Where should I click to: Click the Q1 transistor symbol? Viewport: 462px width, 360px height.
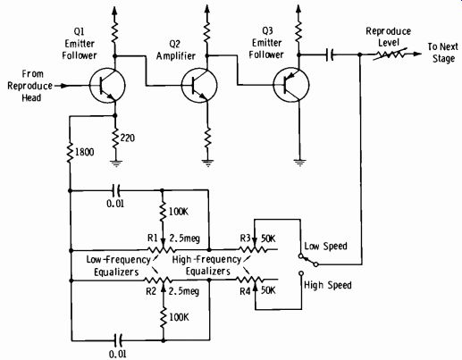tap(107, 86)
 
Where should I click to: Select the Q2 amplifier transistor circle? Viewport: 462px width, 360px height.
tap(199, 86)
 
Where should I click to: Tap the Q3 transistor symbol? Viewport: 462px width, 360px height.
tap(291, 85)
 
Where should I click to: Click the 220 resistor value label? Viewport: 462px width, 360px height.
tap(128, 138)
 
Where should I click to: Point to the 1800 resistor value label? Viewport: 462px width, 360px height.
tap(85, 152)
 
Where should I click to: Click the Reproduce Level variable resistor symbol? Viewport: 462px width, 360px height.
tap(390, 54)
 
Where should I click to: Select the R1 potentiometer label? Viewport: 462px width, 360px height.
tap(152, 238)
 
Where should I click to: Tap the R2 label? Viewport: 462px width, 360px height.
tap(151, 291)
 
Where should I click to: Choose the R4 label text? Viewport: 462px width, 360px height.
tap(245, 291)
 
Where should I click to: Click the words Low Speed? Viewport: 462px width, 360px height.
tap(325, 247)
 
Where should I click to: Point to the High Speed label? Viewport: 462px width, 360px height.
tap(328, 285)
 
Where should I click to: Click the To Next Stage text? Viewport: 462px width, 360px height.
tap(443, 53)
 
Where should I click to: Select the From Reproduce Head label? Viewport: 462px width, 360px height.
tap(29, 86)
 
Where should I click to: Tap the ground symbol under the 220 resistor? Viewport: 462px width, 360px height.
tap(116, 163)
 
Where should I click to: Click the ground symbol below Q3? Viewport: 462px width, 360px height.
tap(299, 163)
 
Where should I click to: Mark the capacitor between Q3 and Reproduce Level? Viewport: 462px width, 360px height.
tap(330, 54)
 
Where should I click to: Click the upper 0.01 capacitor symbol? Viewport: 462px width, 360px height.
tap(116, 190)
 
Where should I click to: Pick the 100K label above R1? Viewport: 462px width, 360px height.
tap(179, 212)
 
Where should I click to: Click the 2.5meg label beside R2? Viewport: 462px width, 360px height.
tap(184, 291)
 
